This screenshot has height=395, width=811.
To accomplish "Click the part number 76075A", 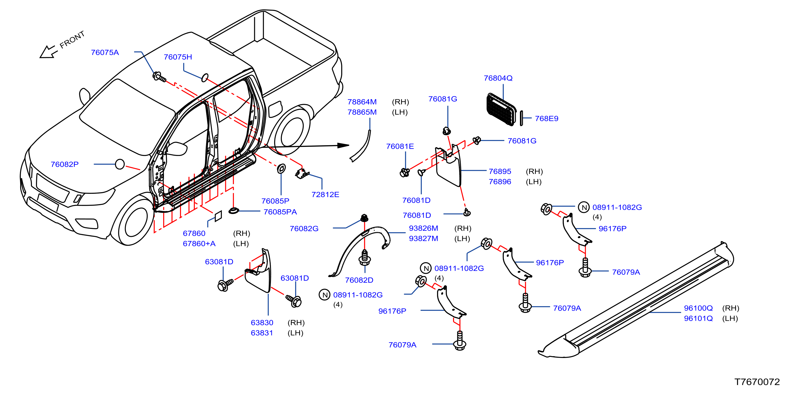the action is point(105,52).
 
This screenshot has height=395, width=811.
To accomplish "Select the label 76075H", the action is point(178,57).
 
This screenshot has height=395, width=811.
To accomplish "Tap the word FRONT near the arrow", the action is point(72,40).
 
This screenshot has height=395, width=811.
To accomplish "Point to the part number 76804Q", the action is point(498,78).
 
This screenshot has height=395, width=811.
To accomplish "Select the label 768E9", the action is point(546,119).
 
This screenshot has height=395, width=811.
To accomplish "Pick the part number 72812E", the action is point(325,195).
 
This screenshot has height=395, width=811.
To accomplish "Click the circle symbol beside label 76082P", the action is point(120,164).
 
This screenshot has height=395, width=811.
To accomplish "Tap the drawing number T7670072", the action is point(757,382).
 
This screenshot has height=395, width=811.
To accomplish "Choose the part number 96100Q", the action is point(698,308).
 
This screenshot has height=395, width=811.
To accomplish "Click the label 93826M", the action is point(423,228).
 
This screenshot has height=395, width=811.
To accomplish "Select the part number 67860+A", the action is point(199,244).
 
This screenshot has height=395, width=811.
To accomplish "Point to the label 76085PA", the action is point(280,212).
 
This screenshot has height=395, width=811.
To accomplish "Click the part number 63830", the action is point(262,323).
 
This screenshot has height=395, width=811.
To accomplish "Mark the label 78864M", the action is point(362,102).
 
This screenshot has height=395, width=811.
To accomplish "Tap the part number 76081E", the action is point(400,146).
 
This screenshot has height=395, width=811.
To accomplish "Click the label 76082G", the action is point(304,228).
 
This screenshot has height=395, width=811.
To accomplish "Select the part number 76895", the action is point(500,171).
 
